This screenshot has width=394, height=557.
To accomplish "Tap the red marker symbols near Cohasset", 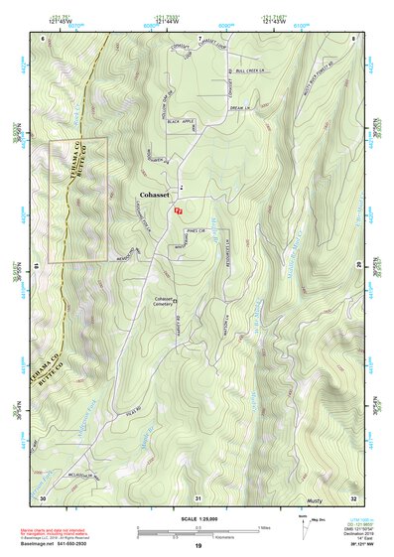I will click(178, 211).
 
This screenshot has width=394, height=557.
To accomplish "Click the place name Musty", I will click(316, 502).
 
